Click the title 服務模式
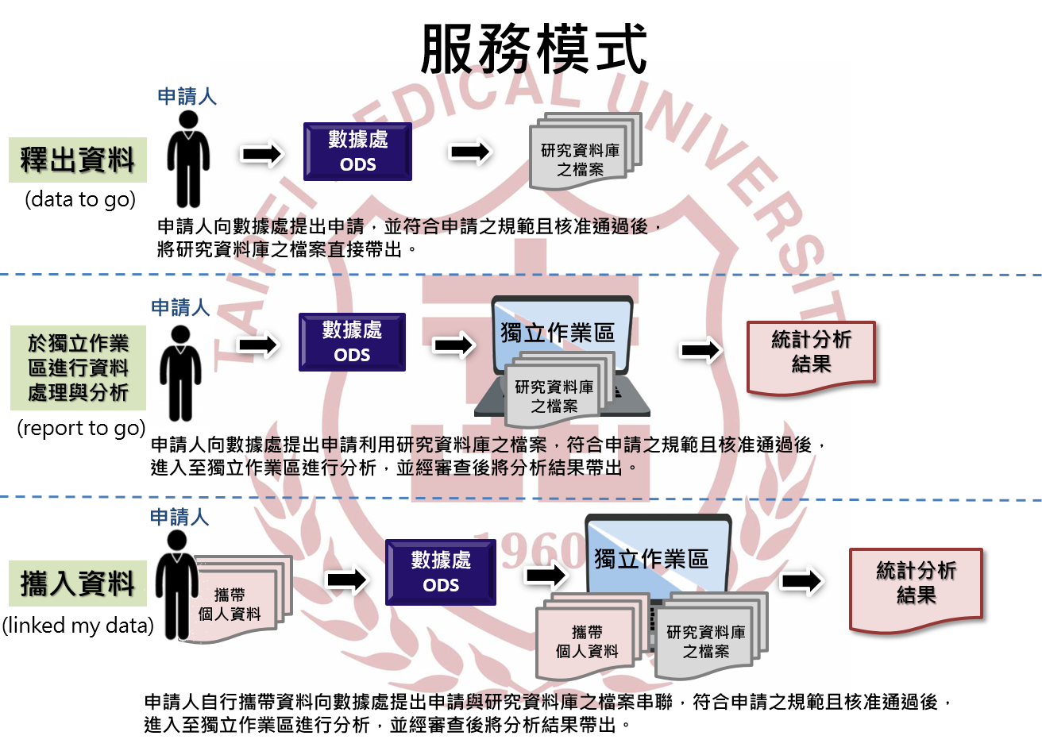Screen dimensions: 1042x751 click(x=534, y=49)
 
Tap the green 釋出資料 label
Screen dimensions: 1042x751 click(x=78, y=160)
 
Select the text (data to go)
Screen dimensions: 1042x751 click(x=80, y=199)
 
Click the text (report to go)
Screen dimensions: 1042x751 click(x=81, y=428)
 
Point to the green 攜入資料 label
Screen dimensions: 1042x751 click(x=78, y=583)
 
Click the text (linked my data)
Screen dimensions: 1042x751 click(x=78, y=626)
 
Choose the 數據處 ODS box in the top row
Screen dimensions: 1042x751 click(x=357, y=152)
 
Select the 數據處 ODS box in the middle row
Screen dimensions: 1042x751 click(x=352, y=342)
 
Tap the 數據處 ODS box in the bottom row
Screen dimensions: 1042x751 click(x=441, y=572)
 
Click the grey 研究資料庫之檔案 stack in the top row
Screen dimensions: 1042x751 click(x=585, y=151)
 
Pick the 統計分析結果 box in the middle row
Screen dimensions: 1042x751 click(x=811, y=357)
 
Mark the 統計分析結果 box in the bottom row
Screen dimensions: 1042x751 click(x=916, y=591)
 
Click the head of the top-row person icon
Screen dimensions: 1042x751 click(x=188, y=120)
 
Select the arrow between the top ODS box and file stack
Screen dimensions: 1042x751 click(x=470, y=152)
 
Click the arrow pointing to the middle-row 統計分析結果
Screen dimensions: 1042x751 click(x=701, y=350)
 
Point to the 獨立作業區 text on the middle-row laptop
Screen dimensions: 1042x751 click(x=558, y=333)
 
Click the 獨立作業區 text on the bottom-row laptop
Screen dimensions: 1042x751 click(x=651, y=558)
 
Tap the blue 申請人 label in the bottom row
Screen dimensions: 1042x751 click(x=179, y=517)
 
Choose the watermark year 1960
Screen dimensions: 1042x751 click(x=531, y=553)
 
